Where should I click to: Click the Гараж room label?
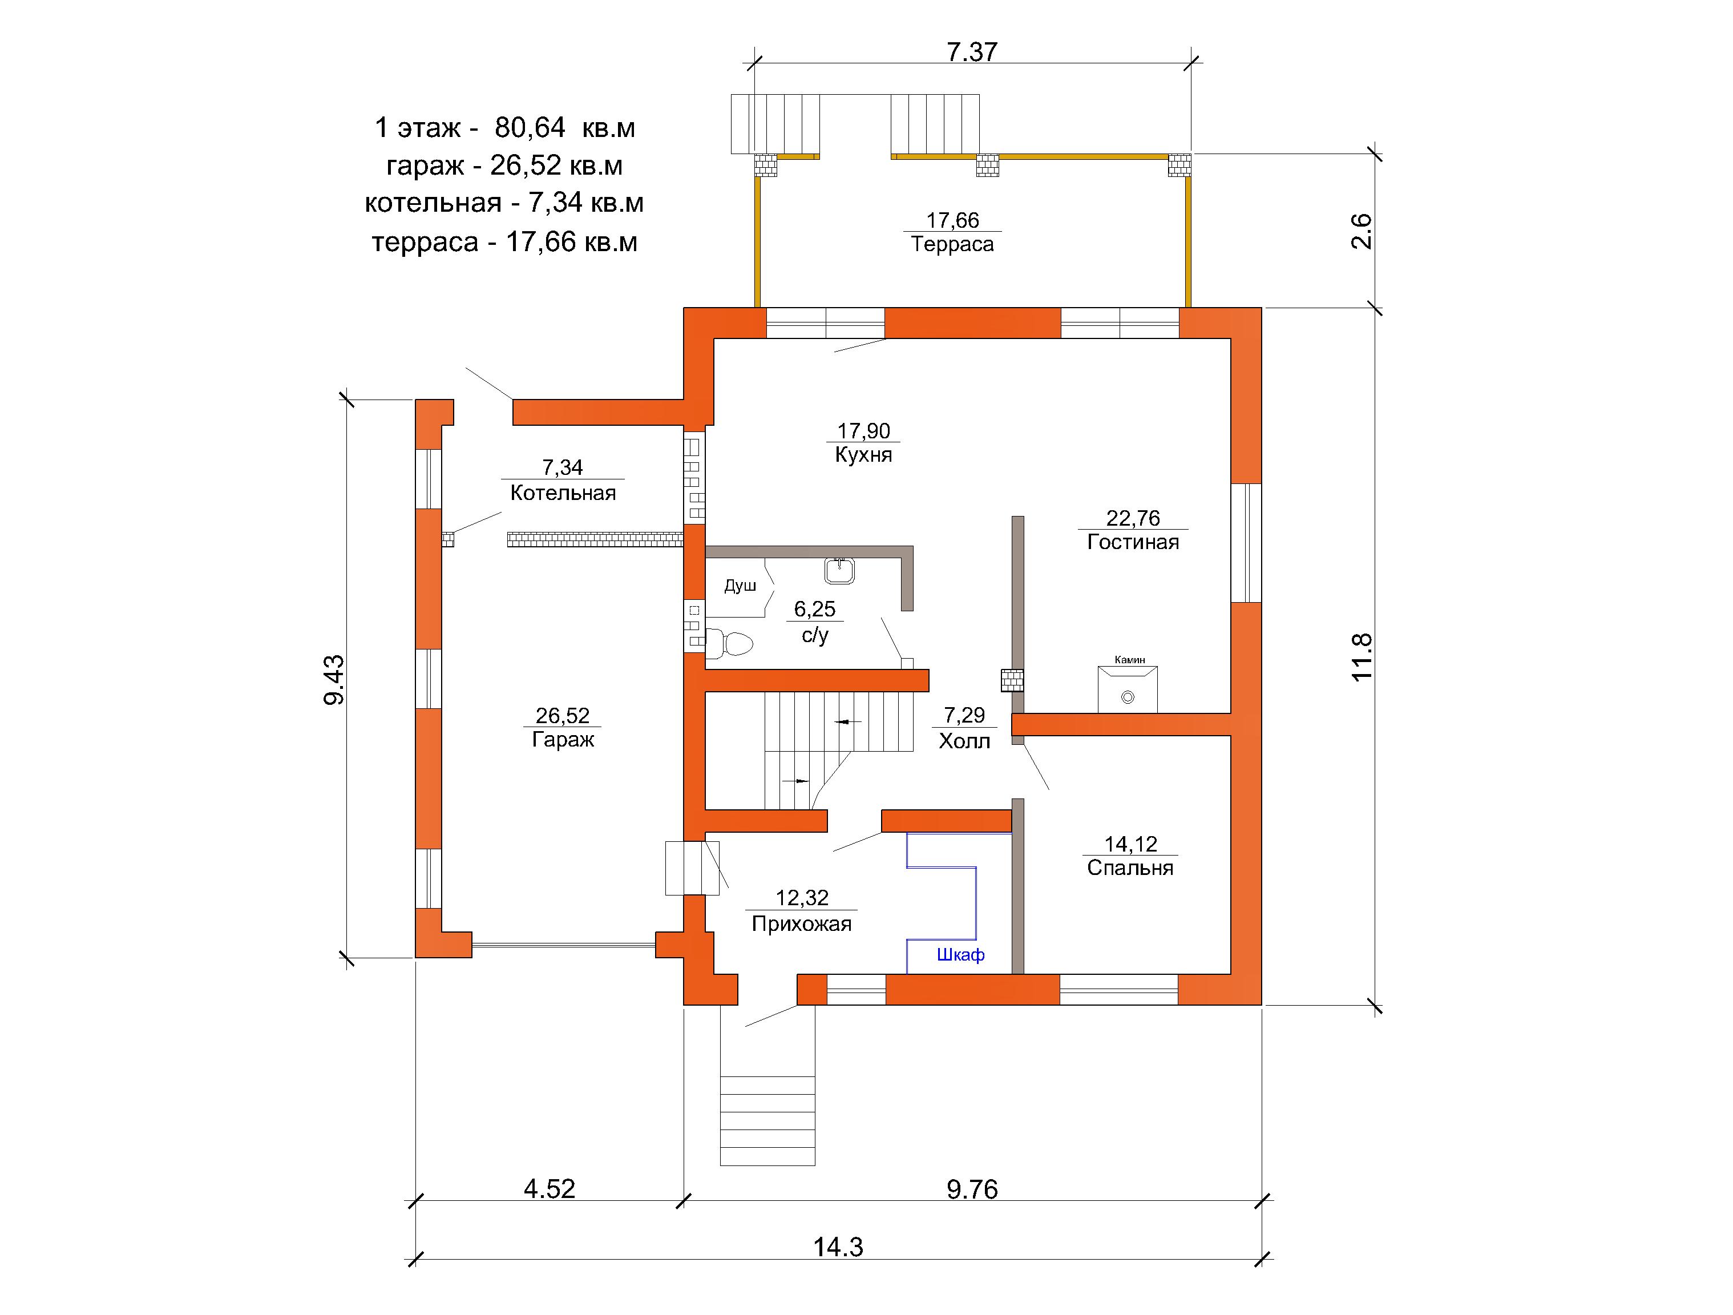click(563, 740)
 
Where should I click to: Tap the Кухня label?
click(863, 454)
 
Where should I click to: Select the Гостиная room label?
click(1133, 542)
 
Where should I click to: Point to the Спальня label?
click(1130, 868)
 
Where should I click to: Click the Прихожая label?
click(802, 924)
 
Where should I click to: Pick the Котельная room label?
click(563, 493)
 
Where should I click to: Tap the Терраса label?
click(952, 244)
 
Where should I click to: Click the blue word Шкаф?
click(960, 954)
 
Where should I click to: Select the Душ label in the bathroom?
click(740, 586)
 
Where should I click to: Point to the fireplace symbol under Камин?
click(1128, 689)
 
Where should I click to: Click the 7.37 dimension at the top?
click(972, 52)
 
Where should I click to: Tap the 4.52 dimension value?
click(549, 1189)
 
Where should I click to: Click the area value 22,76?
click(1133, 518)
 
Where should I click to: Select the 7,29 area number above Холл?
click(964, 715)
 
